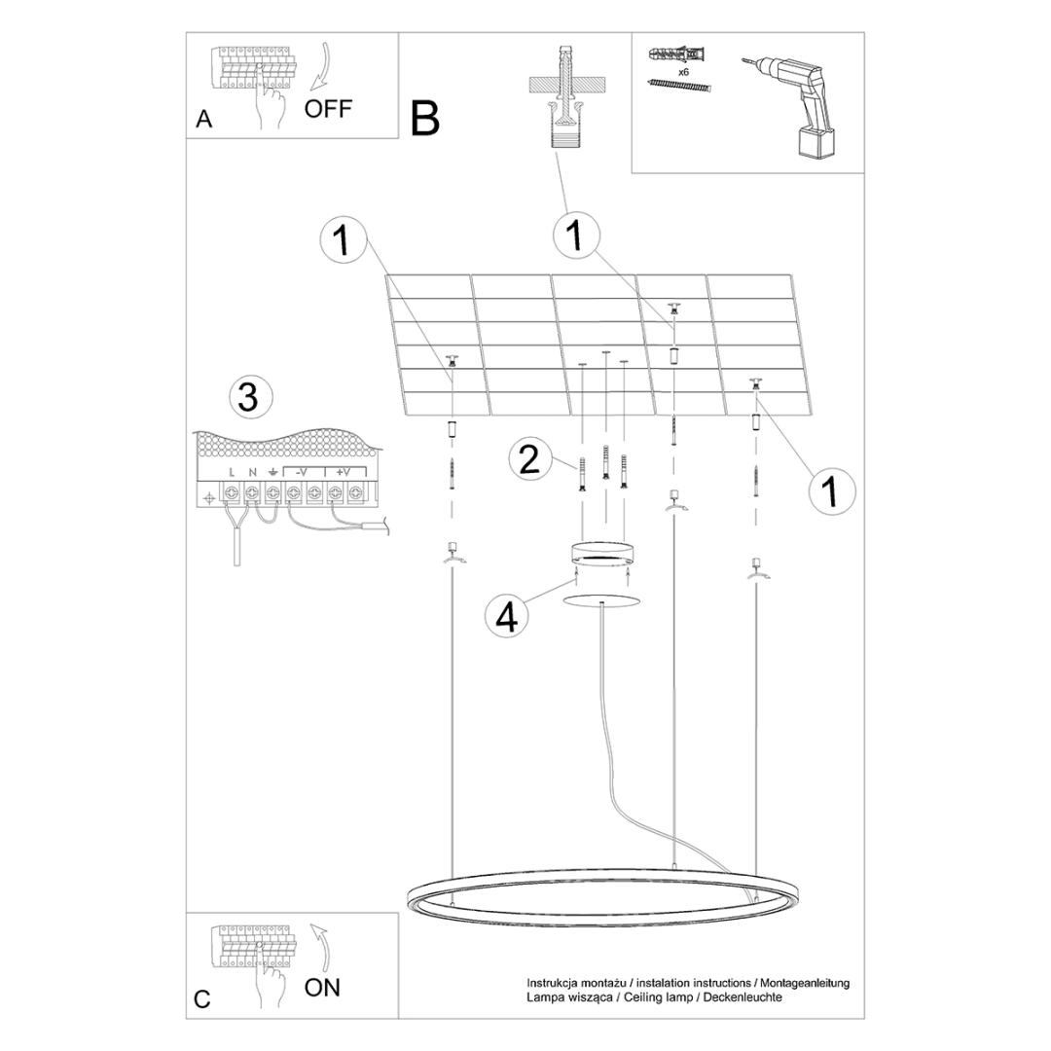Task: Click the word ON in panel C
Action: tap(322, 988)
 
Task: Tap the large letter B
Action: tap(425, 119)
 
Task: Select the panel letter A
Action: tap(203, 120)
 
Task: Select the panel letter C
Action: tap(202, 999)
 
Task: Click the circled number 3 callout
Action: tap(248, 397)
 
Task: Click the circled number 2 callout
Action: tap(528, 459)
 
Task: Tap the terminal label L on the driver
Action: tap(232, 473)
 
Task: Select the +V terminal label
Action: tap(344, 473)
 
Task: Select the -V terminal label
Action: tap(302, 473)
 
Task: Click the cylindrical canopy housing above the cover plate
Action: tap(602, 558)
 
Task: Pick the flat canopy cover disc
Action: tap(602, 598)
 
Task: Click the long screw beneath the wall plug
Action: tap(678, 88)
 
